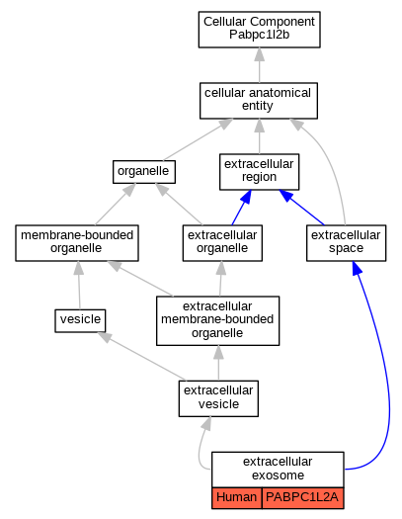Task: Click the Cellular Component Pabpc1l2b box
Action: pos(259,30)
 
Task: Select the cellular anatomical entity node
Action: pos(259,101)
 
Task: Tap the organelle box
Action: pos(144,172)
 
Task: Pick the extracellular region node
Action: pos(259,172)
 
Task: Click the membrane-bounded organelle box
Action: pos(77,243)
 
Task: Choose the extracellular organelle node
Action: pos(222,243)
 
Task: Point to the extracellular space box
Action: pos(346,243)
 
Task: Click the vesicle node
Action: pos(80,320)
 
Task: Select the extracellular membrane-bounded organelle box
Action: pos(218,320)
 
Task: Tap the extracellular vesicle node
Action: pos(218,398)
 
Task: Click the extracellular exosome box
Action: pos(278,470)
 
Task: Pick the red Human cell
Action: pos(237,497)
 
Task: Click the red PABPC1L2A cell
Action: pos(302,497)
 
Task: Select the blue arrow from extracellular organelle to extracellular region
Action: pos(241,208)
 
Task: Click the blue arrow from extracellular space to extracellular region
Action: pos(301,208)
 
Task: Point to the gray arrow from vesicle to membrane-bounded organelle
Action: pos(79,285)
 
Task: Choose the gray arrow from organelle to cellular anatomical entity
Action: pos(198,139)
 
